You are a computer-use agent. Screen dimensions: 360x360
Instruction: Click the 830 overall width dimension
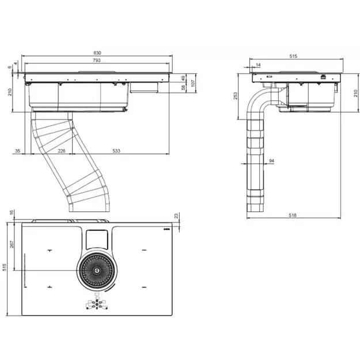coord(97,53)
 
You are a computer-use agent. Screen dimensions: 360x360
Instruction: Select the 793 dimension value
coord(97,60)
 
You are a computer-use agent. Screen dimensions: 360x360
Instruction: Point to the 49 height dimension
coord(183,78)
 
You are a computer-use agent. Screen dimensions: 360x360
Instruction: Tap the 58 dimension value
coord(183,88)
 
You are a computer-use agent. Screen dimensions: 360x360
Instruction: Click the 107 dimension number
coord(193,83)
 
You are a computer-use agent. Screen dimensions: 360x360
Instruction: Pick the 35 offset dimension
coord(17,151)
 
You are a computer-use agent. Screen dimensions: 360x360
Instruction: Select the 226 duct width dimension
coord(61,151)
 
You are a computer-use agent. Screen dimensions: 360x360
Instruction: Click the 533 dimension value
coord(116,151)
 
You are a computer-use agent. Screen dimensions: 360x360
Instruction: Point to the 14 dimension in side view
coord(258,65)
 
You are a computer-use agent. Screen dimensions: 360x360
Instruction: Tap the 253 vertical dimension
coord(236,96)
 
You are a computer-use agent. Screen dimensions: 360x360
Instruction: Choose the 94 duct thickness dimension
coord(271,161)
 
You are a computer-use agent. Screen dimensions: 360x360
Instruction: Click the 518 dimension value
coord(293,215)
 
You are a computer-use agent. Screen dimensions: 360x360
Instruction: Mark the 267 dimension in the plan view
coord(12,244)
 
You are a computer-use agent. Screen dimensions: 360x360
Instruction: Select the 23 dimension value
coord(176,216)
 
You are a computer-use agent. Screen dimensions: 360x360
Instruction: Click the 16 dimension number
coord(12,212)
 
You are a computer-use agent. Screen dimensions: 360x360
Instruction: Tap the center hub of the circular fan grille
coord(97,271)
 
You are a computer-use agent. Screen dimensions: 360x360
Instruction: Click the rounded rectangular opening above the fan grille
coord(97,240)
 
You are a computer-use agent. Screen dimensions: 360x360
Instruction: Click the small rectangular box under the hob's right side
coord(144,88)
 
